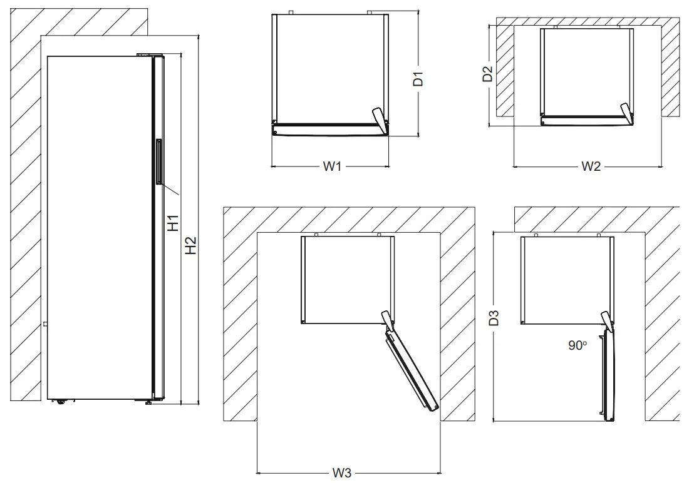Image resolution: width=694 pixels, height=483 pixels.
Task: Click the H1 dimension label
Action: click(173, 223)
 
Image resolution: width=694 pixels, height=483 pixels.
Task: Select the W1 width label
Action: click(331, 166)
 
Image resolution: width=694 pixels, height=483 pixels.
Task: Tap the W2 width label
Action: click(591, 166)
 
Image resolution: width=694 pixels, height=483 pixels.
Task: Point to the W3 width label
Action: click(341, 473)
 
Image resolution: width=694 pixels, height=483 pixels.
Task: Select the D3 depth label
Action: click(494, 318)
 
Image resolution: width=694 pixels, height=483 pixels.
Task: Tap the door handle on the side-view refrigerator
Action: click(159, 162)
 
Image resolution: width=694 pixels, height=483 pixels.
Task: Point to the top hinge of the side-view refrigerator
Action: click(145, 55)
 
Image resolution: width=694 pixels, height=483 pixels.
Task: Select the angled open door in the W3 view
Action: click(410, 370)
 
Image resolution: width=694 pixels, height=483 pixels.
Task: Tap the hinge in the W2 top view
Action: click(626, 111)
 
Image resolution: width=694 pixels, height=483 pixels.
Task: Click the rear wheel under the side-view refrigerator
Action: click(61, 402)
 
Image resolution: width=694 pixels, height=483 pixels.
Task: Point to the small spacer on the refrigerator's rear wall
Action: click(45, 324)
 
